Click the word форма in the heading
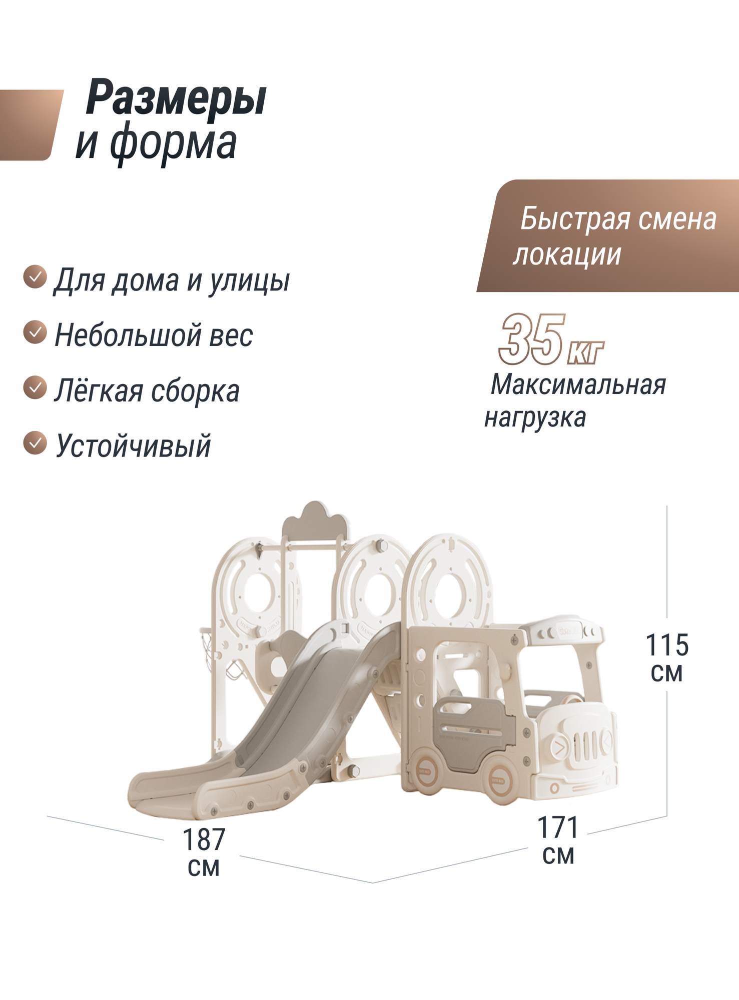click(x=173, y=144)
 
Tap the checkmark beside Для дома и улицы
click(x=35, y=277)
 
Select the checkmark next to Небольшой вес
click(x=35, y=332)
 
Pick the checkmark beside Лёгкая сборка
click(x=35, y=388)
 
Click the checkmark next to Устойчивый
click(x=35, y=443)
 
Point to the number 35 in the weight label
click(x=531, y=340)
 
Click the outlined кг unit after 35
click(x=585, y=352)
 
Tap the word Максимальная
click(x=578, y=385)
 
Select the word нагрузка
click(x=535, y=417)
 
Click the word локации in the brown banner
click(x=567, y=255)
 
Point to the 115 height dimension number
click(x=667, y=645)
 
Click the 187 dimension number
click(x=204, y=840)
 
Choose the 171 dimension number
click(x=558, y=827)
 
